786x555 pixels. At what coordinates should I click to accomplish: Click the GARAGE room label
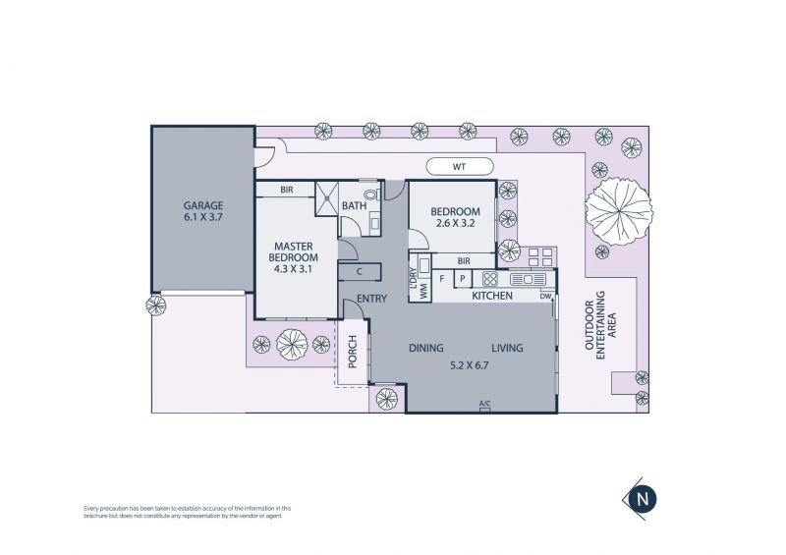(203, 205)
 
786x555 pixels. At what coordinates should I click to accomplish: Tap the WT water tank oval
(459, 166)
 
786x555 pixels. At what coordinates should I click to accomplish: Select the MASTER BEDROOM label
(293, 251)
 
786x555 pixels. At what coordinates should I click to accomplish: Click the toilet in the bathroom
(371, 194)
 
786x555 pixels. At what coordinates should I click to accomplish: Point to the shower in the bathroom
(327, 199)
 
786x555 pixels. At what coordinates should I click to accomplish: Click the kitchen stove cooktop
(489, 279)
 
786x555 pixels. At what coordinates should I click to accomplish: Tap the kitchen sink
(528, 279)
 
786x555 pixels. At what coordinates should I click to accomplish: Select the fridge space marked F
(443, 278)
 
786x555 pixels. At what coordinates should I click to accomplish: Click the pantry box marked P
(463, 279)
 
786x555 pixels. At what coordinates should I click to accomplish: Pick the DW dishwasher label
(545, 297)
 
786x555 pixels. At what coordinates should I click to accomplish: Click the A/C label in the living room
(484, 404)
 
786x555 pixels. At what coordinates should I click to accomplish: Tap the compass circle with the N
(644, 499)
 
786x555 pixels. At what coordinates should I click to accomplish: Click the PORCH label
(353, 352)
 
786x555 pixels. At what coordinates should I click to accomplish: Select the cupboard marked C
(360, 272)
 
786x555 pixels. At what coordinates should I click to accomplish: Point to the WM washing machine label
(424, 293)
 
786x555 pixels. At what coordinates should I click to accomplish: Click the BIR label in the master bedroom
(287, 190)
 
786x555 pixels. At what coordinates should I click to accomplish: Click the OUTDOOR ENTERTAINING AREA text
(600, 325)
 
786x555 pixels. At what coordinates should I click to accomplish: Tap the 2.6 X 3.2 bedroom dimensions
(455, 224)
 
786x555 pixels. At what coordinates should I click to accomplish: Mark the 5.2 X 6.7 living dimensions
(470, 365)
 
